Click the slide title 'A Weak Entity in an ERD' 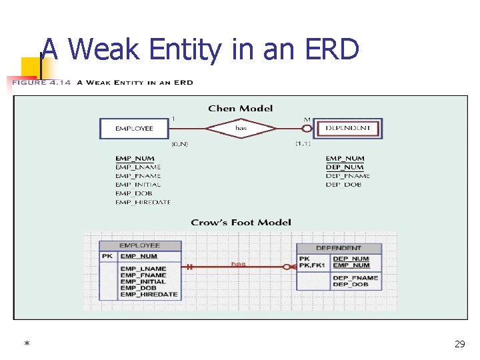coord(200,49)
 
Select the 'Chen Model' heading coord(240,108)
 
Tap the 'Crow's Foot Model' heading coord(241,222)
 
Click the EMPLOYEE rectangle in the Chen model coord(134,128)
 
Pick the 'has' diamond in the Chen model coord(240,128)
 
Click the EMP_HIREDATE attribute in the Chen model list coord(143,202)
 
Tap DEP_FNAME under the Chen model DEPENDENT coord(347,176)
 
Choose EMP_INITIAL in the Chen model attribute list coord(138,185)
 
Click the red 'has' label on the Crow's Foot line coord(238,264)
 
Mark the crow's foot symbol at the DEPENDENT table coord(289,267)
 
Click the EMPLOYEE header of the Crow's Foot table coord(139,246)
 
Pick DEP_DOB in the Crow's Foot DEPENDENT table coord(351,285)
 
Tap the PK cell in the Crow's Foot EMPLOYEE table coord(107,256)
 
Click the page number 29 coord(459,344)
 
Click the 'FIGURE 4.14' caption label coord(39,83)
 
